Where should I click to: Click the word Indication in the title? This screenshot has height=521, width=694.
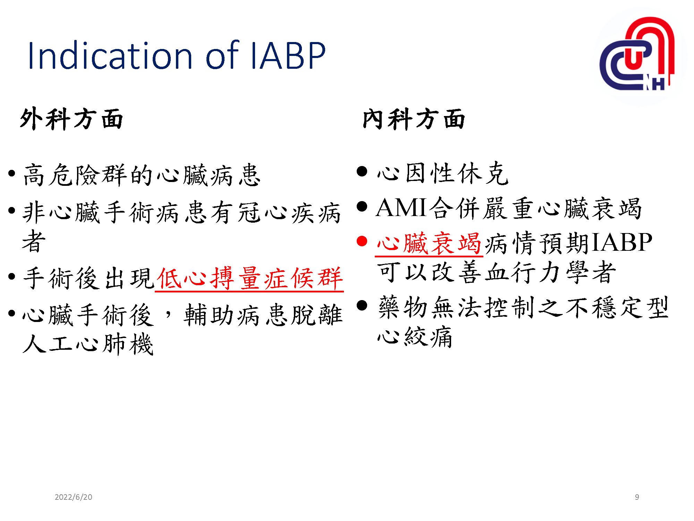(x=110, y=56)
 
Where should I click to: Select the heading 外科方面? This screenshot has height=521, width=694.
(x=71, y=119)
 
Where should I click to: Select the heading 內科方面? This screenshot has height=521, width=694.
(x=414, y=119)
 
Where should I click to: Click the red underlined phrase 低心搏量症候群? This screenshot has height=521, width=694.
(x=249, y=278)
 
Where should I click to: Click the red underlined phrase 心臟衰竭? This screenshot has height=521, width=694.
(x=429, y=243)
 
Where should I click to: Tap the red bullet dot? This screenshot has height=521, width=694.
(x=362, y=241)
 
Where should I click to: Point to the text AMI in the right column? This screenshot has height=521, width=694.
(x=401, y=208)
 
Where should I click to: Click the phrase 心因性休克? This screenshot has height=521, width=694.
(x=443, y=173)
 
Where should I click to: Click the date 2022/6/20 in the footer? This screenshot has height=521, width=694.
(x=74, y=497)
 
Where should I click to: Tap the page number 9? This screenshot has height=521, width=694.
(x=637, y=497)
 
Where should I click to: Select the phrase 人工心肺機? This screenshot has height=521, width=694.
(x=88, y=344)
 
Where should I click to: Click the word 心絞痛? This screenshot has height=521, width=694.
(x=415, y=337)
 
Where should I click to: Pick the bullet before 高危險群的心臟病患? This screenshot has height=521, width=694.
(x=12, y=173)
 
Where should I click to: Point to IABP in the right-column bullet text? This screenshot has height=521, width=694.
(x=622, y=242)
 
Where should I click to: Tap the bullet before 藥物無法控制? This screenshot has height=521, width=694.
(x=362, y=305)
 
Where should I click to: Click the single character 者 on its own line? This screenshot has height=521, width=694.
(x=34, y=241)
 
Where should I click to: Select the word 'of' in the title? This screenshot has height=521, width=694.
(x=222, y=56)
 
